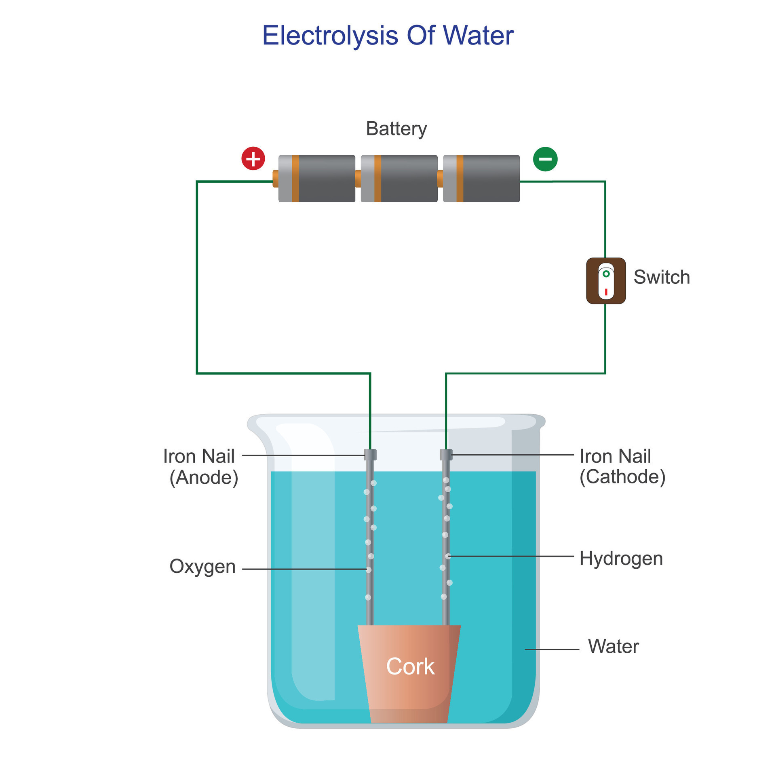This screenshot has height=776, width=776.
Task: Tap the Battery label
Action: (x=396, y=129)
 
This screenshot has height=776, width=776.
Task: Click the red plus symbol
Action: (x=253, y=158)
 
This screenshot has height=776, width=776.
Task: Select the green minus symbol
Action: (x=545, y=159)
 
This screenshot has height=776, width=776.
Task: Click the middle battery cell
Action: (x=399, y=179)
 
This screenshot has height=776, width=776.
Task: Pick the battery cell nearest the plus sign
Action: (x=317, y=179)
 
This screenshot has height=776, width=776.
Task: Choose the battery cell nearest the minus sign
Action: (x=481, y=179)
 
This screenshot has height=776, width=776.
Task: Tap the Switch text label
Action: (x=661, y=277)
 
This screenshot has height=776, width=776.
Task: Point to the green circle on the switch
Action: (x=606, y=274)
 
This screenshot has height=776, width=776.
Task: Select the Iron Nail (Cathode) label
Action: (x=622, y=466)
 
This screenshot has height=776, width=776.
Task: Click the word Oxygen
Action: (x=202, y=566)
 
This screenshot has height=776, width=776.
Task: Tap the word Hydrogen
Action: (x=621, y=559)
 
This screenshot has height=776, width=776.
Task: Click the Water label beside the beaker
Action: (x=613, y=646)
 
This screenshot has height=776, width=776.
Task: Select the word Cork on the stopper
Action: (x=410, y=666)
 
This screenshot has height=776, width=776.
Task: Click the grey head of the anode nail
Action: (x=370, y=455)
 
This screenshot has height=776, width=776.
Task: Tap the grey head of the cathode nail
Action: (x=446, y=455)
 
